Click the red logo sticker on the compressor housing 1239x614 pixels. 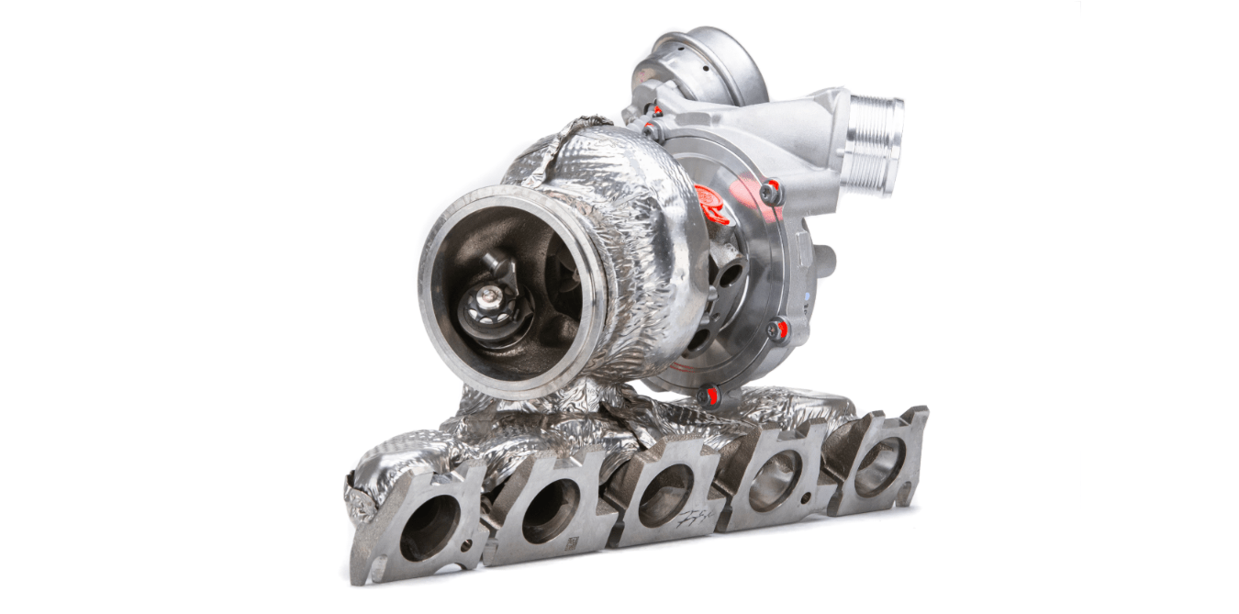[714, 203]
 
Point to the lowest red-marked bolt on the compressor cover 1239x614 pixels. [708, 396]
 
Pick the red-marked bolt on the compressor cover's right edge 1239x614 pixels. [778, 329]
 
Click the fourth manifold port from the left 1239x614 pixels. [770, 479]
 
